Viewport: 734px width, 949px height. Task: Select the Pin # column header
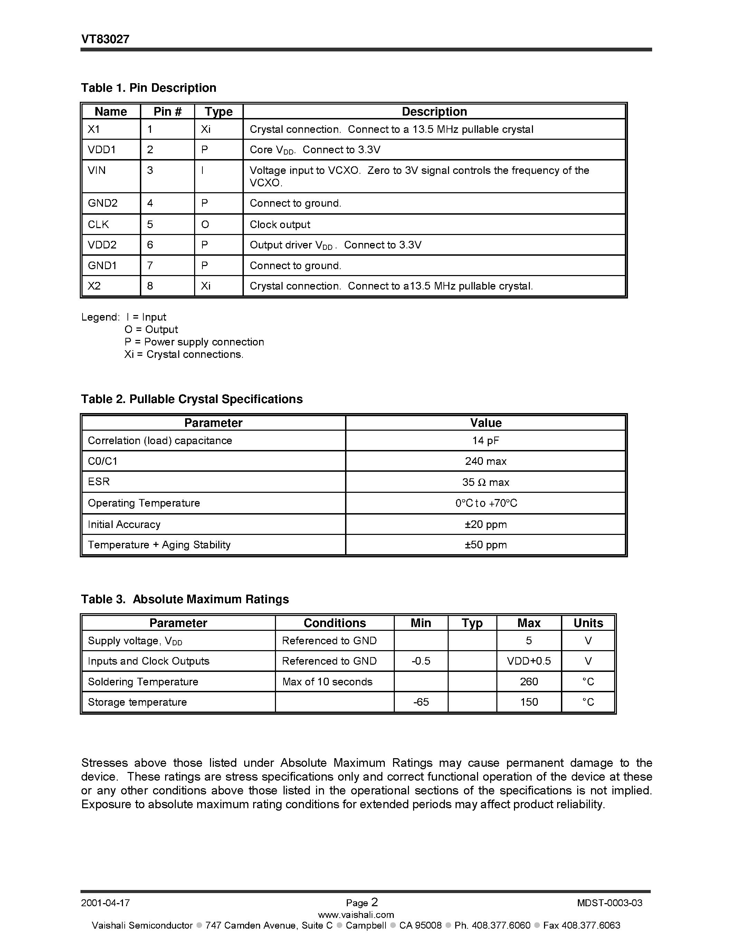(x=168, y=112)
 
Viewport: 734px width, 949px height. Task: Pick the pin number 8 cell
(x=150, y=286)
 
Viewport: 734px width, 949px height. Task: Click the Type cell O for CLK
(x=205, y=224)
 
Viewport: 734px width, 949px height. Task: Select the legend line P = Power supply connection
(x=194, y=342)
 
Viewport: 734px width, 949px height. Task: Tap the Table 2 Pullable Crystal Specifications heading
(x=191, y=399)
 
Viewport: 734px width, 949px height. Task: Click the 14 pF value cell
(x=485, y=441)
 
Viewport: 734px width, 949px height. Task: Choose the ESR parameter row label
(x=99, y=481)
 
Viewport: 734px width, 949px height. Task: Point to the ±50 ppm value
(x=485, y=545)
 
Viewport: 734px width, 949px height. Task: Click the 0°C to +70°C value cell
(x=486, y=503)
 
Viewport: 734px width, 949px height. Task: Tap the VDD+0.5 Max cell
(x=528, y=661)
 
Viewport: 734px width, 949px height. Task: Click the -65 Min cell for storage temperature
(x=420, y=702)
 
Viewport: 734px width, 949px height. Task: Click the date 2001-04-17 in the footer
(x=105, y=902)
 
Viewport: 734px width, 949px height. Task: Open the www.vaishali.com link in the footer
(x=356, y=914)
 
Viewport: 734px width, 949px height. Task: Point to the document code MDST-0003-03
(x=610, y=902)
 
